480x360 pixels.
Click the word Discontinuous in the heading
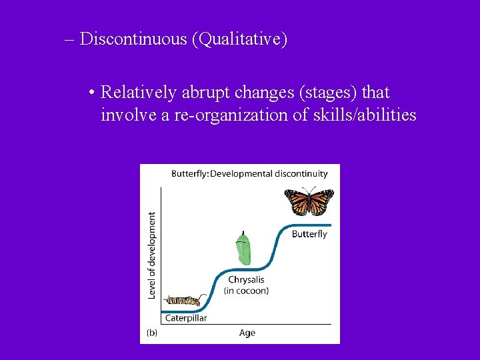133,39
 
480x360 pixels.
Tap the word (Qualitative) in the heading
239,39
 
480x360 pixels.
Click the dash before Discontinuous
70,39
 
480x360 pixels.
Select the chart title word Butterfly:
190,174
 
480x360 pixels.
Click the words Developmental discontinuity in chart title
269,174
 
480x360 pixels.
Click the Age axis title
247,333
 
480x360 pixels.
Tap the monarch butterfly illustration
309,202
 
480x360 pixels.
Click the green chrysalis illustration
243,249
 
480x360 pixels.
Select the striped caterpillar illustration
183,301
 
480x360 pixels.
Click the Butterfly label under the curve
309,234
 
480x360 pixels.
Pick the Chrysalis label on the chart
246,280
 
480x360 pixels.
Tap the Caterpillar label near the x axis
186,318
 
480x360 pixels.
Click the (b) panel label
151,333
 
